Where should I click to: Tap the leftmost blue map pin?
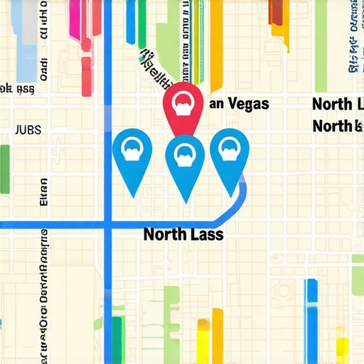[132, 153]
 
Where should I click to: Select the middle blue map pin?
[185, 156]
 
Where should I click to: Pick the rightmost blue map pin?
[229, 153]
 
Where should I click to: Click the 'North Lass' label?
[183, 234]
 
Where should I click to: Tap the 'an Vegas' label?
[239, 104]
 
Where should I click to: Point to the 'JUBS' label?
[28, 130]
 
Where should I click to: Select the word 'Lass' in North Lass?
[205, 234]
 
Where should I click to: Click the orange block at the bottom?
[204, 341]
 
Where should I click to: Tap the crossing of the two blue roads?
[108, 226]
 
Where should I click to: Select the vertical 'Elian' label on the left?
[44, 192]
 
